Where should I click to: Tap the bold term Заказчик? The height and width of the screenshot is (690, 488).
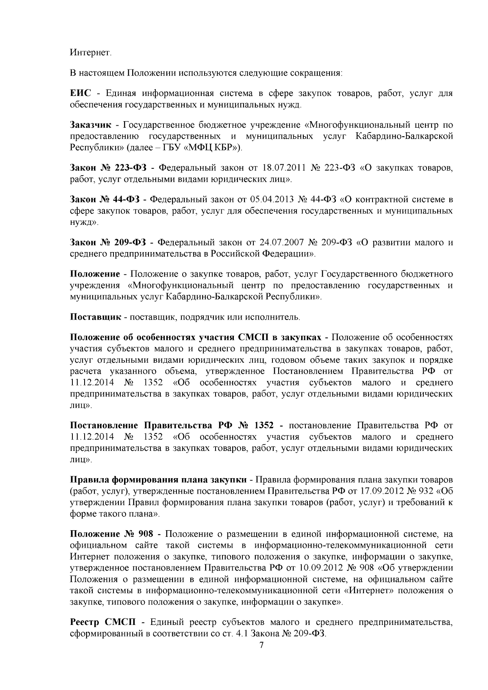90,125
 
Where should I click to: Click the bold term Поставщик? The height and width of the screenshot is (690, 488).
96,317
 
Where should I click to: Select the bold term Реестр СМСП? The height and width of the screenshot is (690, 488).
104,622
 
